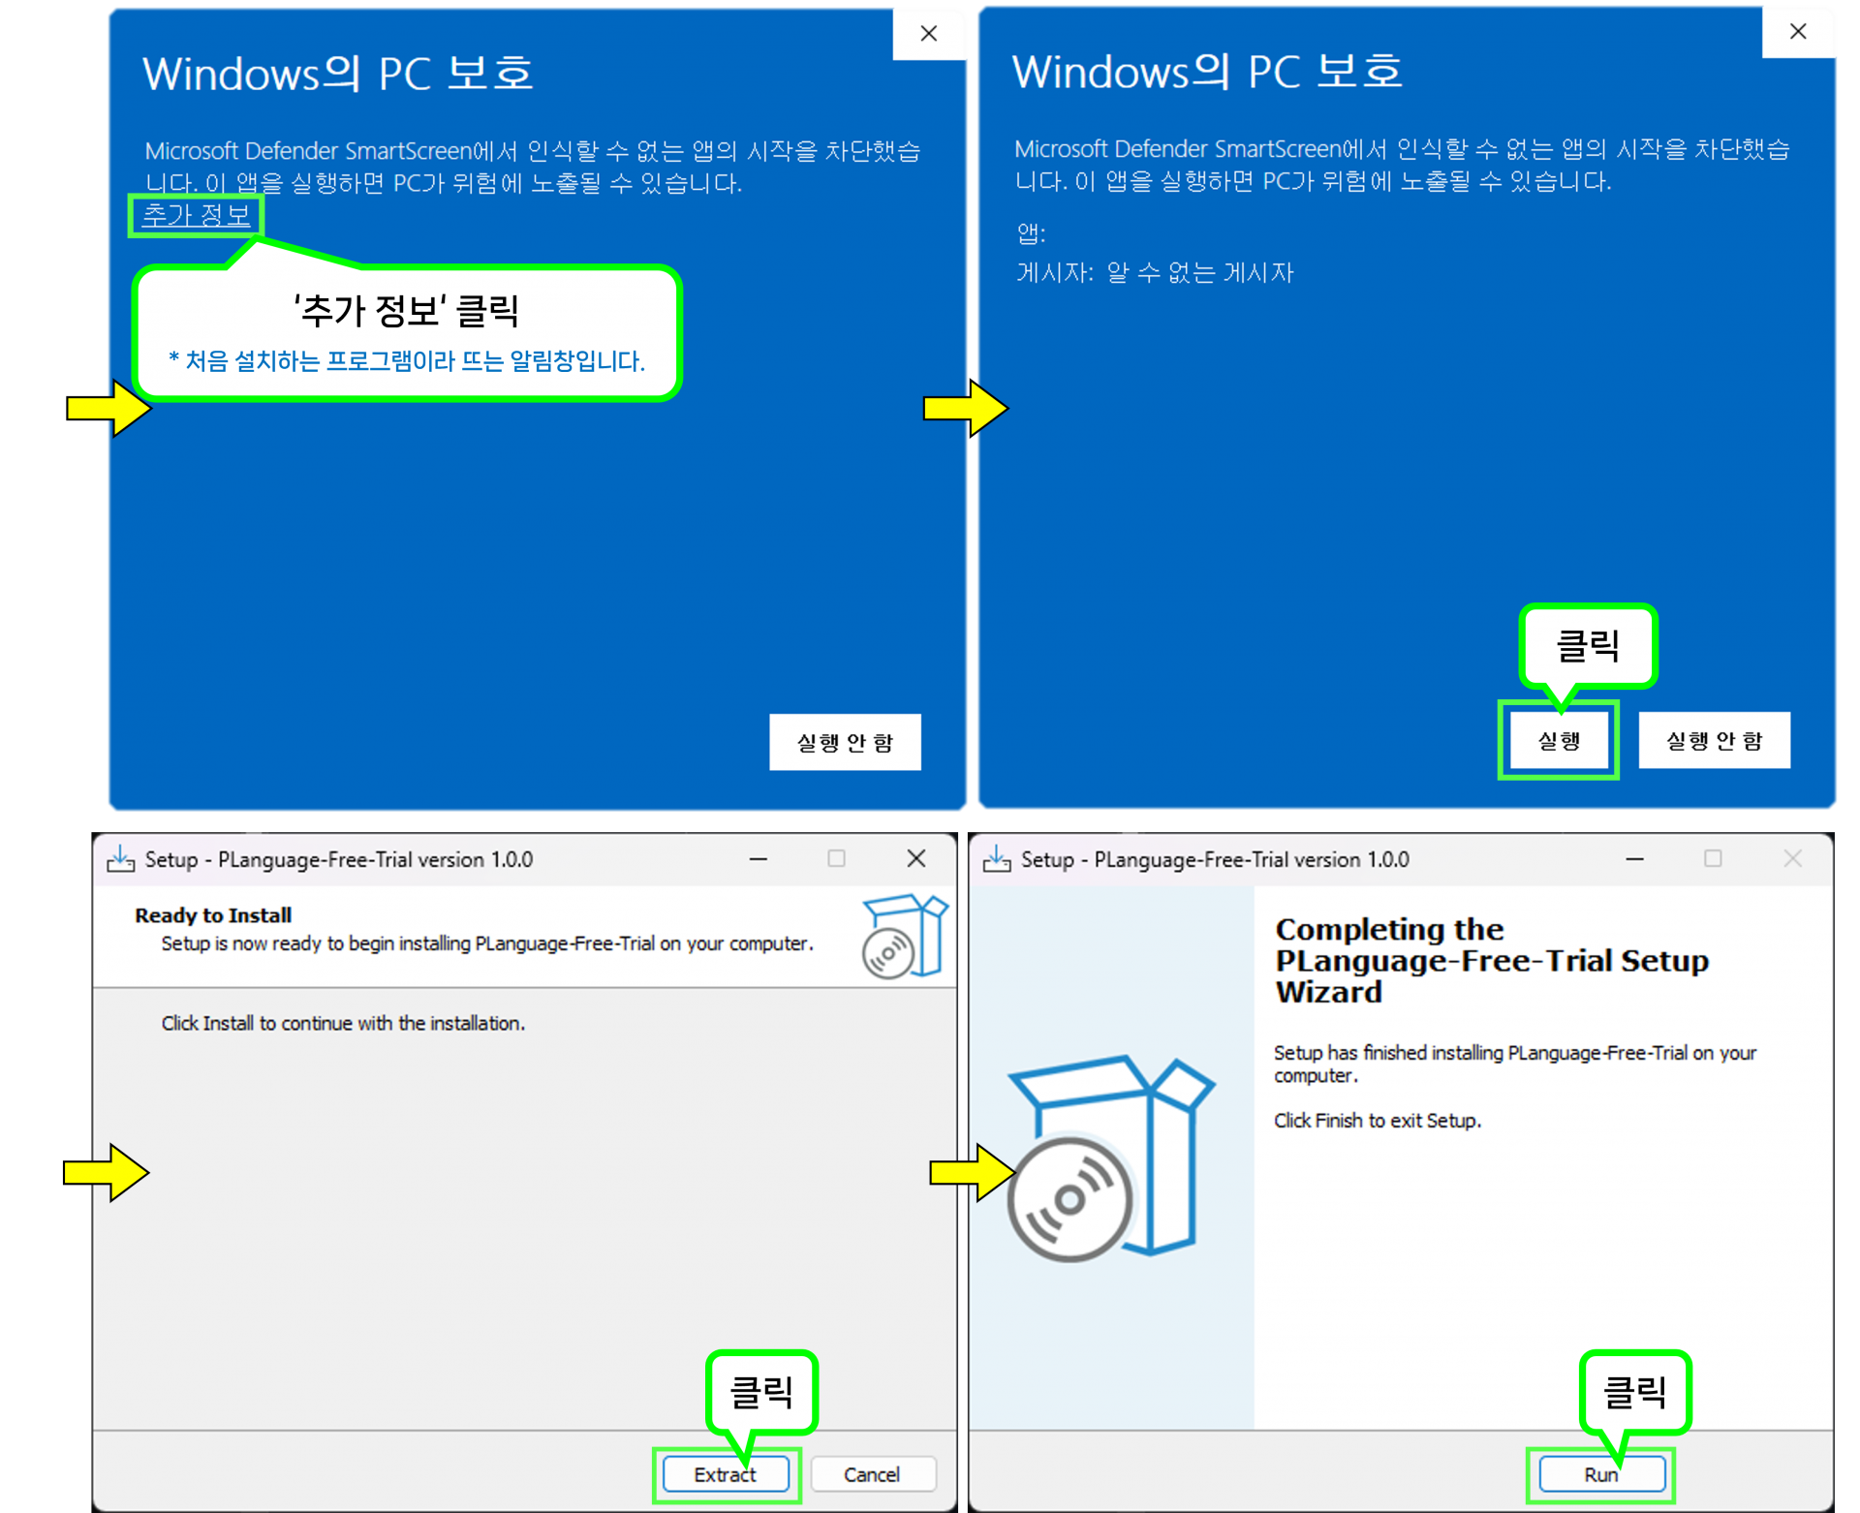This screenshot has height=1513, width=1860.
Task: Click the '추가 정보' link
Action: coord(196,215)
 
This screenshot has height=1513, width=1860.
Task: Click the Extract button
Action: coord(726,1474)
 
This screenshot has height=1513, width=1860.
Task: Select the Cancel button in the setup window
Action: coord(872,1474)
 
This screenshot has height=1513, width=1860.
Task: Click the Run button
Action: coord(1601,1474)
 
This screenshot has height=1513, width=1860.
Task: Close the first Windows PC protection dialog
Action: coord(929,34)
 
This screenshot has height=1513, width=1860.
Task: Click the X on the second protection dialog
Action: coord(1798,32)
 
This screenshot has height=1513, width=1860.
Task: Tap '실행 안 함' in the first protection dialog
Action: coord(845,742)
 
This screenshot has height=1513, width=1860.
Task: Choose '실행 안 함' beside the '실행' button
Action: coord(1714,741)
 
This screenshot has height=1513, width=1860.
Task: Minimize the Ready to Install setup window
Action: coord(759,859)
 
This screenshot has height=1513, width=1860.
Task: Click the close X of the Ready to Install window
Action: coord(916,858)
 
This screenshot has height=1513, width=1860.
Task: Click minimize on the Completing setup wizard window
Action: coord(1634,859)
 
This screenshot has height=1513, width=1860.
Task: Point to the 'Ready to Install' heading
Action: coord(213,915)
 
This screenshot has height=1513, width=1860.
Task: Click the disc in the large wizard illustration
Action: coord(1069,1200)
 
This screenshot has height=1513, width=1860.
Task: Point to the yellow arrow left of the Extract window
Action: coord(106,1173)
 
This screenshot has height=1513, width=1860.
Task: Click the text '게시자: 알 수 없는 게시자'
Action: coord(1155,273)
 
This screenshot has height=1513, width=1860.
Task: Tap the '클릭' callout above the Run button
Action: coord(1635,1392)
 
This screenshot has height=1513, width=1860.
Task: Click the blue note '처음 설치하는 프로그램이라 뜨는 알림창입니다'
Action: coord(407,361)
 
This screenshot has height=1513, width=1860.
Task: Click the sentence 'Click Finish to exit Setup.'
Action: coord(1377,1121)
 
